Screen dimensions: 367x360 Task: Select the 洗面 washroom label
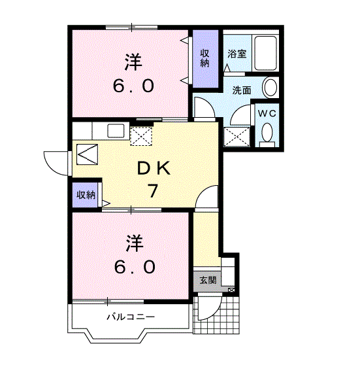click(x=242, y=90)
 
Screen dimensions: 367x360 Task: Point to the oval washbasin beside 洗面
click(x=269, y=88)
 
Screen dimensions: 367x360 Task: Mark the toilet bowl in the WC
click(x=266, y=134)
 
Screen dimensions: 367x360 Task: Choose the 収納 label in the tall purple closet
click(x=205, y=58)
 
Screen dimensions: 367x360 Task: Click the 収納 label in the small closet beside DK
click(x=86, y=195)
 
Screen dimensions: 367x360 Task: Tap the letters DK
click(x=154, y=169)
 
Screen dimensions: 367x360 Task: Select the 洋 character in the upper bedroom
click(x=134, y=63)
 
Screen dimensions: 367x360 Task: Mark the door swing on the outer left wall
click(x=56, y=161)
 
